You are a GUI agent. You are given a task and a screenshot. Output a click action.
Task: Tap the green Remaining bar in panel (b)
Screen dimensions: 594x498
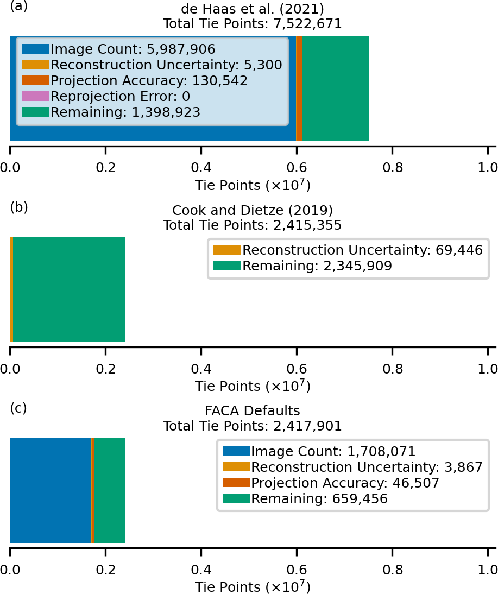pos(69,289)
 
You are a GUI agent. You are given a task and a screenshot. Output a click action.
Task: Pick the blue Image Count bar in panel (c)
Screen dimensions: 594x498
pos(50,490)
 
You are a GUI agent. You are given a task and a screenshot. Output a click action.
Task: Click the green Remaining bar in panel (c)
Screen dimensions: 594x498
pos(110,490)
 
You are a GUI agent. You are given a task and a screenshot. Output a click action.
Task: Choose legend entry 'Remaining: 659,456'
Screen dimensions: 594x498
pos(319,498)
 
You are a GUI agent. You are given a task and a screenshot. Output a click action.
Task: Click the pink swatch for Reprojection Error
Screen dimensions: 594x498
pos(36,97)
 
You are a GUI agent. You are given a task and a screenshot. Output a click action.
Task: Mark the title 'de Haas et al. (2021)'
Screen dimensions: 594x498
pos(253,9)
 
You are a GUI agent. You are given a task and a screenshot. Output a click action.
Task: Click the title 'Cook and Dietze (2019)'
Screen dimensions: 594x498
pos(253,210)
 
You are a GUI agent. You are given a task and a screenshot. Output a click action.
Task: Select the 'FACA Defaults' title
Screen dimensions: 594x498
pos(253,410)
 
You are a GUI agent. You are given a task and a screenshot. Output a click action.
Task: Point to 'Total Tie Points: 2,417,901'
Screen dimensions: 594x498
pos(253,426)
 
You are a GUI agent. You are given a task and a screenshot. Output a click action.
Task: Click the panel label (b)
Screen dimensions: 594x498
pos(18,207)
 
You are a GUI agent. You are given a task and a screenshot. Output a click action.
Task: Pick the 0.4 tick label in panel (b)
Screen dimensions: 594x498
pos(201,368)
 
